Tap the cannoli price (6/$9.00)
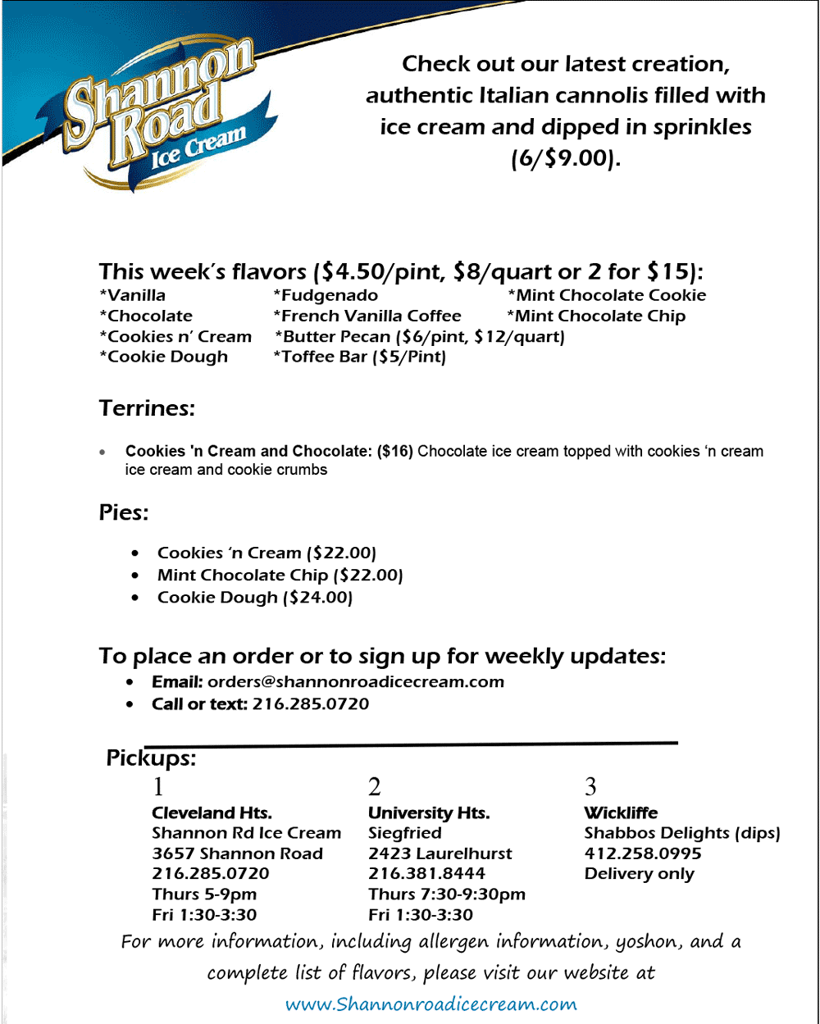click(566, 157)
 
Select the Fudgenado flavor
click(326, 295)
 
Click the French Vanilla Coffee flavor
click(367, 316)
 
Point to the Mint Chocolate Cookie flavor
click(607, 295)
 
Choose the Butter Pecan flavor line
click(419, 336)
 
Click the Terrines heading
click(147, 407)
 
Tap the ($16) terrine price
click(395, 451)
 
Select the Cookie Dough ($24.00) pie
click(254, 598)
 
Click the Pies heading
click(124, 512)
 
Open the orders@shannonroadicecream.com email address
click(355, 681)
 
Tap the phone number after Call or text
click(310, 703)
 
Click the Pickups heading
click(151, 758)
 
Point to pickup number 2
click(375, 787)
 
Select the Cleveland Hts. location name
click(212, 812)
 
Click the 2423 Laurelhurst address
click(440, 853)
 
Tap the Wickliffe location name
click(621, 812)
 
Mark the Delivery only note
click(639, 873)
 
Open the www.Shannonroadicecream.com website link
click(430, 1004)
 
